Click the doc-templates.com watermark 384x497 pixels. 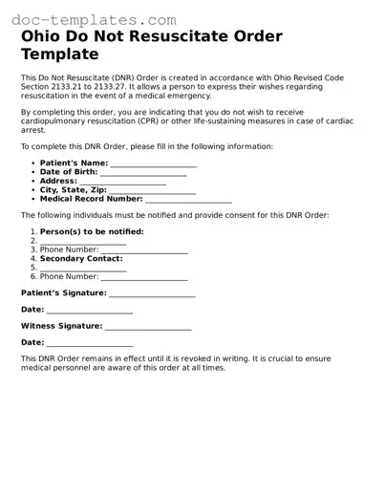point(94,19)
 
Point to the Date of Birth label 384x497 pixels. point(70,172)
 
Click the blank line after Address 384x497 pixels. point(123,182)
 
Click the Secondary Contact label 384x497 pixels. point(81,258)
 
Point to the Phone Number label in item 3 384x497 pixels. point(69,249)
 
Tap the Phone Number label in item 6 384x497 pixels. point(69,276)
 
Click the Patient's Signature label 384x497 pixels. point(63,292)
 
